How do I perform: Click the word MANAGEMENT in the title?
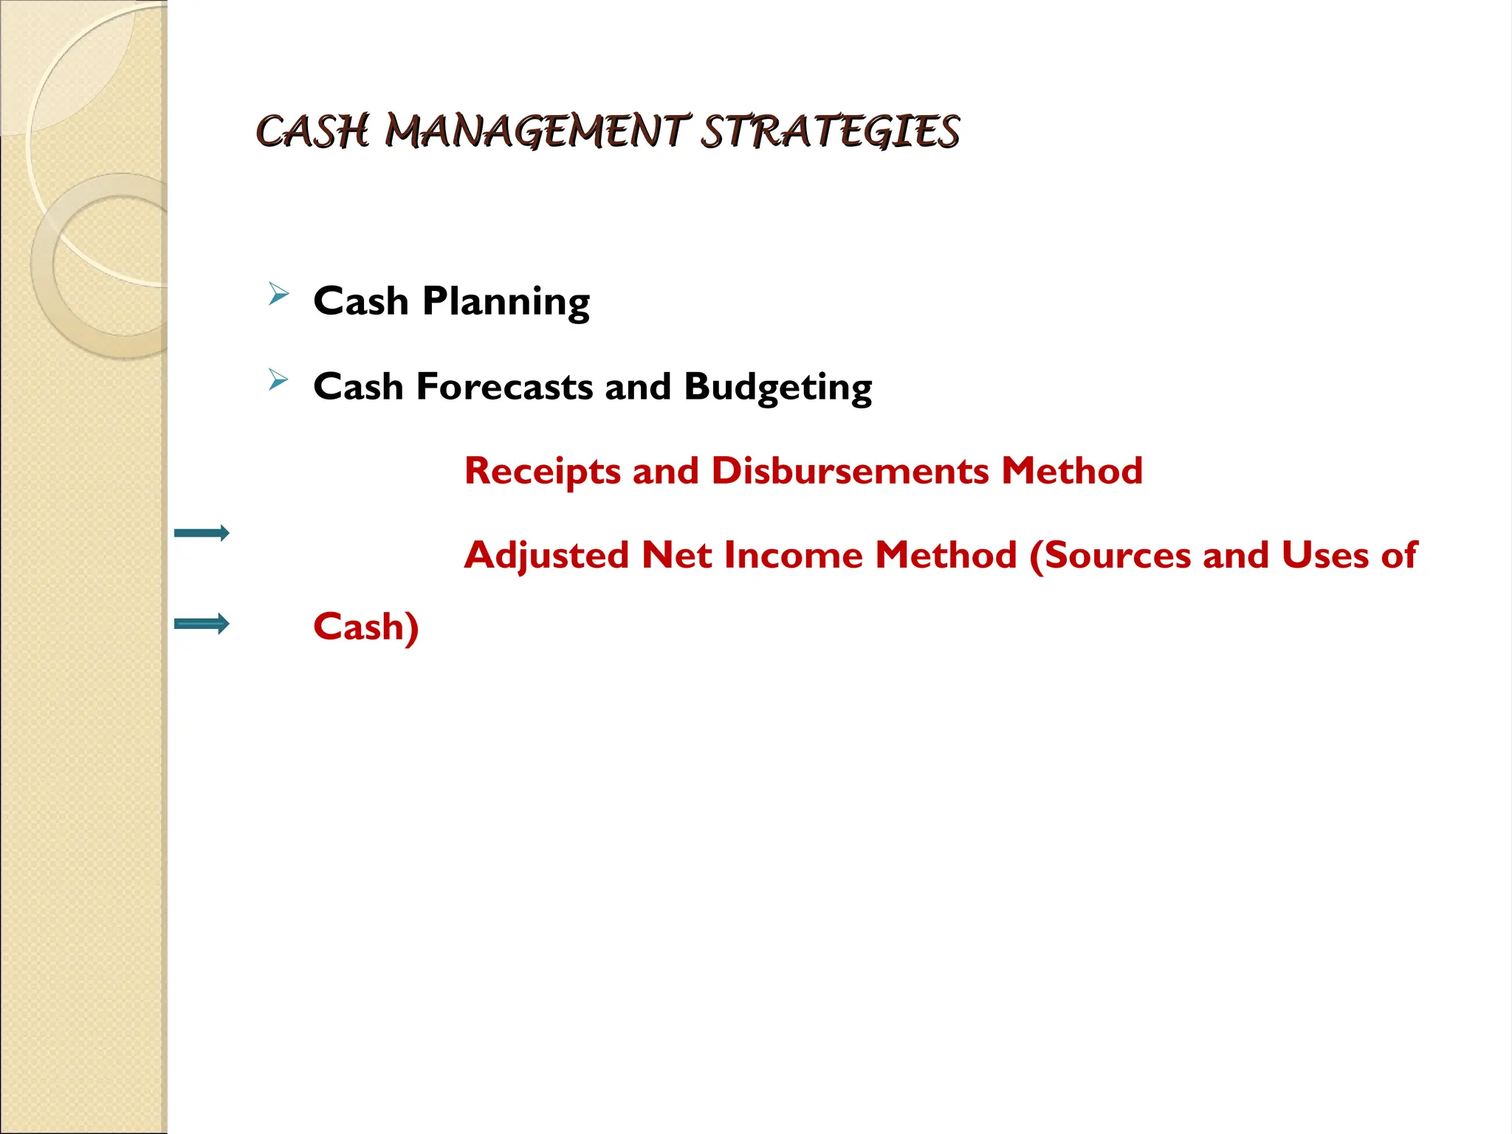coord(537,132)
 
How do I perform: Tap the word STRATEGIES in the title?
coord(829,132)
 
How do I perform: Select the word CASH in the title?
coord(312,132)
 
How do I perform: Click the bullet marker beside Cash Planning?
coord(278,295)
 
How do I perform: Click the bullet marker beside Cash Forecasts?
coord(278,379)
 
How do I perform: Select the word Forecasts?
coord(504,387)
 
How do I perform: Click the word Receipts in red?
coord(542,472)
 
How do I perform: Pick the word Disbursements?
coord(850,471)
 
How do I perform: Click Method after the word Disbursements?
coord(1071,471)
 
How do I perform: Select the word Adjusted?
coord(546,555)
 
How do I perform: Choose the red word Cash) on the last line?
coord(365,627)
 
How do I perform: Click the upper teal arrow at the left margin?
coord(202,533)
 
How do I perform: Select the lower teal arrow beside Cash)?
coord(202,624)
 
